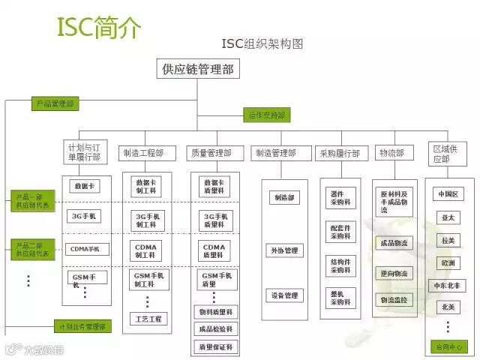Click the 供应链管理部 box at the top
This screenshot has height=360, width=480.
(197, 70)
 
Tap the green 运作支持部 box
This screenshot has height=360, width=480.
(267, 115)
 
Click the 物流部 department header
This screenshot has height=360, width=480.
(391, 153)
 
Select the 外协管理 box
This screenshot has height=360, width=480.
(284, 250)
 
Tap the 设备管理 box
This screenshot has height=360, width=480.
(284, 295)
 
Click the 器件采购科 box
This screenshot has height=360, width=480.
(340, 198)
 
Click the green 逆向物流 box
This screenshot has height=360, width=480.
(394, 273)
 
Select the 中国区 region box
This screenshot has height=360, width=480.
(448, 194)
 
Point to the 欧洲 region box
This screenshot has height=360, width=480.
(448, 263)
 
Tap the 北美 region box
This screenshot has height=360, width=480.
(448, 307)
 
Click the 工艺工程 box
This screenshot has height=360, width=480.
(148, 319)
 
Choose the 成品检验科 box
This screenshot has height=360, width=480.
(216, 328)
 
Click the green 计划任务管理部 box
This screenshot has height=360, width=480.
(82, 326)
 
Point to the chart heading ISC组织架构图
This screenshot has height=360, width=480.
(262, 43)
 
